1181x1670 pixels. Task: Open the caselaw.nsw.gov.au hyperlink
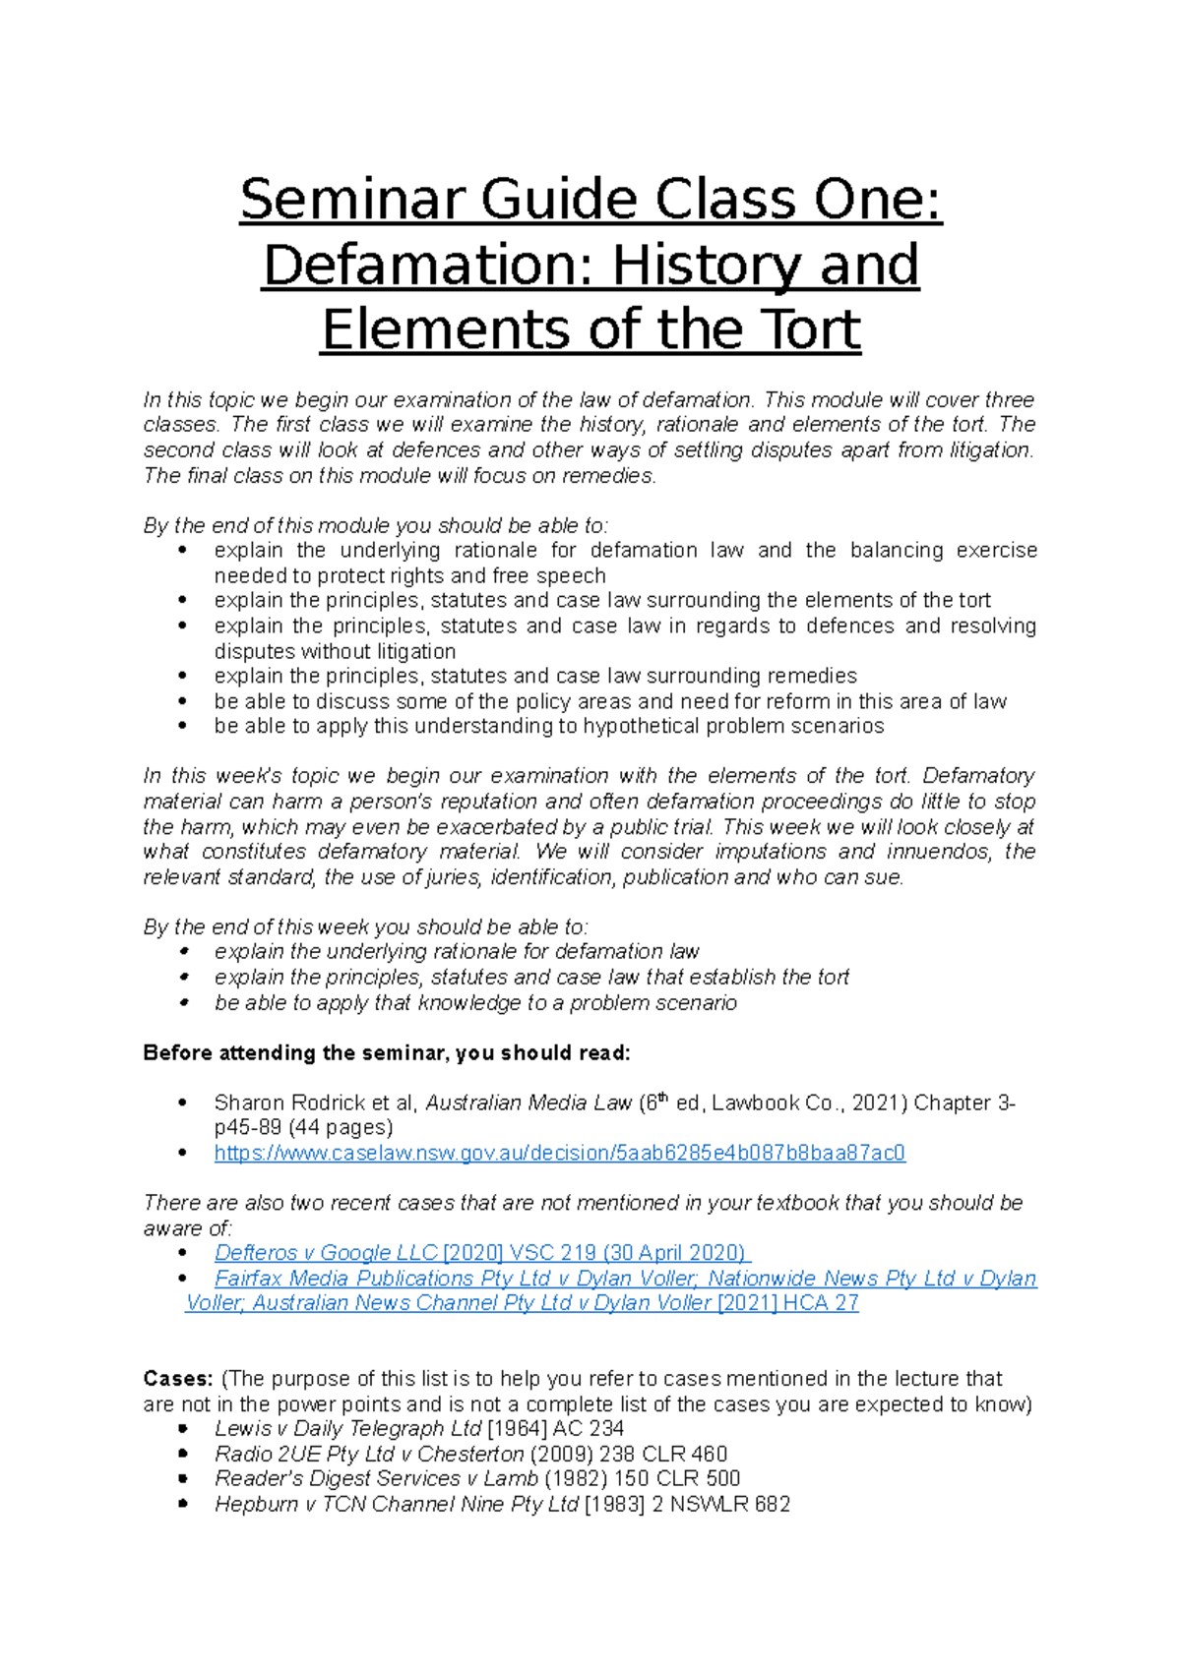pyautogui.click(x=559, y=1153)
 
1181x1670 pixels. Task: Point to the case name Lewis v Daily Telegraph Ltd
pyautogui.click(x=347, y=1429)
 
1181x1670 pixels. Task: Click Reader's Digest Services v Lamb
pyautogui.click(x=376, y=1479)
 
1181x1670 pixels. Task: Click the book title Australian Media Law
pyautogui.click(x=528, y=1103)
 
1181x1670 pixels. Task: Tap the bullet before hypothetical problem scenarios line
pyautogui.click(x=183, y=727)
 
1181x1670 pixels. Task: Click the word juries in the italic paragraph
pyautogui.click(x=453, y=877)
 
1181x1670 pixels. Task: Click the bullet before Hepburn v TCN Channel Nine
pyautogui.click(x=183, y=1505)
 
